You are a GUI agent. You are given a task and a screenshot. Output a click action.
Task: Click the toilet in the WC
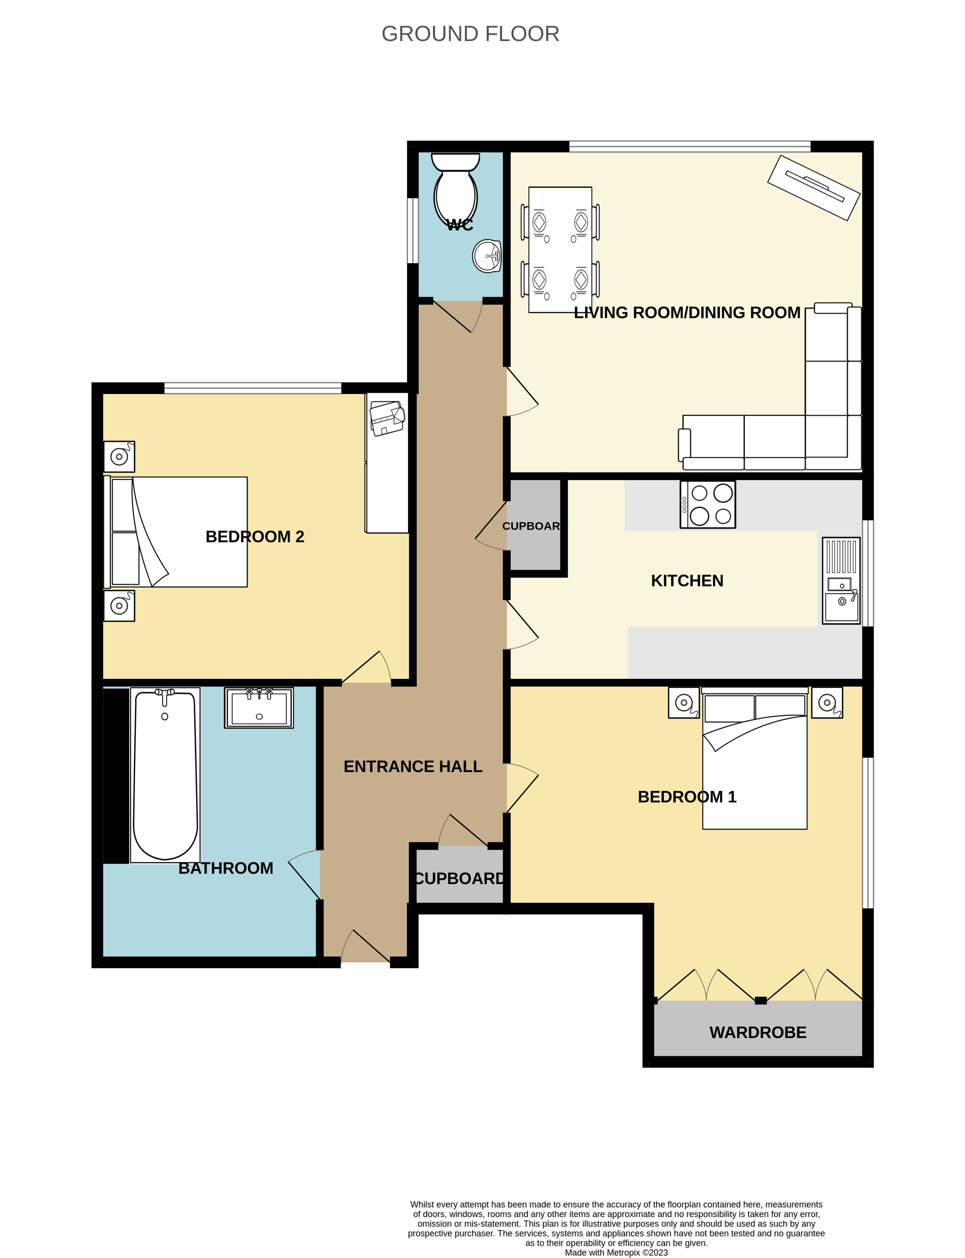(455, 190)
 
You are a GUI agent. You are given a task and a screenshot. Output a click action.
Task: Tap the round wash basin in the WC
(487, 256)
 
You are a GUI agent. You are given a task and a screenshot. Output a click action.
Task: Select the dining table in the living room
(560, 249)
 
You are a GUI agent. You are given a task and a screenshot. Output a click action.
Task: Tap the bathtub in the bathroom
(166, 775)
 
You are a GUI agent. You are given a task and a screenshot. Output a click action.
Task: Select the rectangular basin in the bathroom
(259, 708)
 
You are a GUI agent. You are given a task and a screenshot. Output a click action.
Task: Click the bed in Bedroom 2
(176, 532)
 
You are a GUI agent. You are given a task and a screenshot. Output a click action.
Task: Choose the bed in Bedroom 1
(755, 758)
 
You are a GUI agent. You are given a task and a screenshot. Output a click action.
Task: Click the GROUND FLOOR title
(470, 34)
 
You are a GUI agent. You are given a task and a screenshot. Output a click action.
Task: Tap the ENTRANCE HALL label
(413, 766)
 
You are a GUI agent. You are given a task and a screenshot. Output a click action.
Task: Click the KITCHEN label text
(687, 581)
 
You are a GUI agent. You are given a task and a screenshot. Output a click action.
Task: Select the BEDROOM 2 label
(255, 537)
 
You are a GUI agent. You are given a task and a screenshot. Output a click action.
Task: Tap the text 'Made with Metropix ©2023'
(616, 1252)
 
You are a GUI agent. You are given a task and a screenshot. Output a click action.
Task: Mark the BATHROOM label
(226, 868)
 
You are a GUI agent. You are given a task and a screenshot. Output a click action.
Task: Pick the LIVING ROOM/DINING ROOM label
(687, 313)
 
